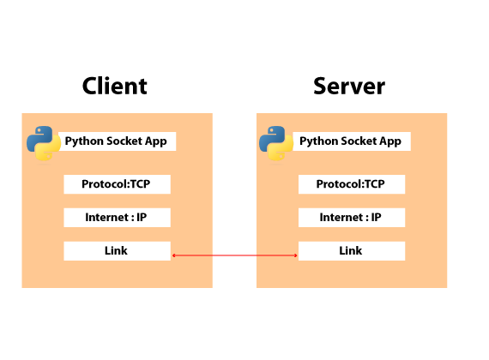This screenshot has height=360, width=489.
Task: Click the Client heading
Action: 115,86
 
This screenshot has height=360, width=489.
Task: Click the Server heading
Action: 349,86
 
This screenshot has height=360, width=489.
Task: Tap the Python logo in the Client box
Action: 44,143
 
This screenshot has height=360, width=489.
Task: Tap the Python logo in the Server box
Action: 276,143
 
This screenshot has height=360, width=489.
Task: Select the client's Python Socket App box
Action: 118,141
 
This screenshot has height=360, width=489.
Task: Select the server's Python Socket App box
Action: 352,141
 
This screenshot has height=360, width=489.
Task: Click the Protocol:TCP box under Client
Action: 118,184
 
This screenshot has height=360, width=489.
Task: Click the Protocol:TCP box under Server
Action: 352,184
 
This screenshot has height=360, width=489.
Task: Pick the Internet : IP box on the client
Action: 118,218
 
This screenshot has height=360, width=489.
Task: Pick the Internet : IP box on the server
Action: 352,218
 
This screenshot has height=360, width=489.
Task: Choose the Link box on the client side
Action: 118,251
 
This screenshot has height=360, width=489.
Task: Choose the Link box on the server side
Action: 352,251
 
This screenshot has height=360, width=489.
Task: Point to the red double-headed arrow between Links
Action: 235,255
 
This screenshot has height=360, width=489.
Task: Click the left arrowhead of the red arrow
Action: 173,255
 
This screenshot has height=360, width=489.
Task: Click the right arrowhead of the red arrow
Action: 296,255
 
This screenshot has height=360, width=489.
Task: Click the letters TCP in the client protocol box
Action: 140,184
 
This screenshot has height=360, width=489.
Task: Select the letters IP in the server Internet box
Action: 376,217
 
